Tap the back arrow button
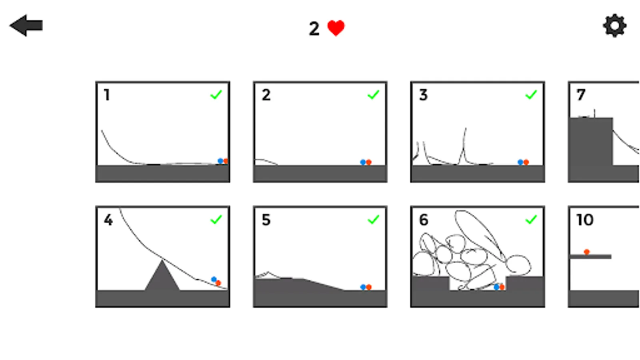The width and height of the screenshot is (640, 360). [26, 26]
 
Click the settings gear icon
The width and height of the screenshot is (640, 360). [615, 26]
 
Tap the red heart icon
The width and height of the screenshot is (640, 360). [336, 28]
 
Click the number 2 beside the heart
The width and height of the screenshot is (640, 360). [314, 29]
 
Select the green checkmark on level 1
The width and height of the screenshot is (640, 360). [216, 94]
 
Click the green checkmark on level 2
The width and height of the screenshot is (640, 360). [374, 94]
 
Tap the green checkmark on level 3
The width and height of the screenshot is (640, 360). [531, 94]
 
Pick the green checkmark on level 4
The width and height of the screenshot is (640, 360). [216, 220]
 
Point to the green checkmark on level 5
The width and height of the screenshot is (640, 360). [374, 220]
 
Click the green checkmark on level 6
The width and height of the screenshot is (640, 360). [531, 220]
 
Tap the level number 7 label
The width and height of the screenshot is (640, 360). [581, 95]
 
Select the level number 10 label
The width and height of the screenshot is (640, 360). [585, 220]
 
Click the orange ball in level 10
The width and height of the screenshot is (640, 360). [586, 252]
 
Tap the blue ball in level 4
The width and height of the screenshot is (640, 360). [214, 279]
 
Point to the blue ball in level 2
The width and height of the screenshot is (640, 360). [363, 162]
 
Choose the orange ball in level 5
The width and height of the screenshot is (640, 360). [369, 287]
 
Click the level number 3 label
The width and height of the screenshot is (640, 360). [424, 95]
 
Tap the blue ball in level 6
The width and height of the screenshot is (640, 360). [496, 287]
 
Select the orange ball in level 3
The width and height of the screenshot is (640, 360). [526, 162]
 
